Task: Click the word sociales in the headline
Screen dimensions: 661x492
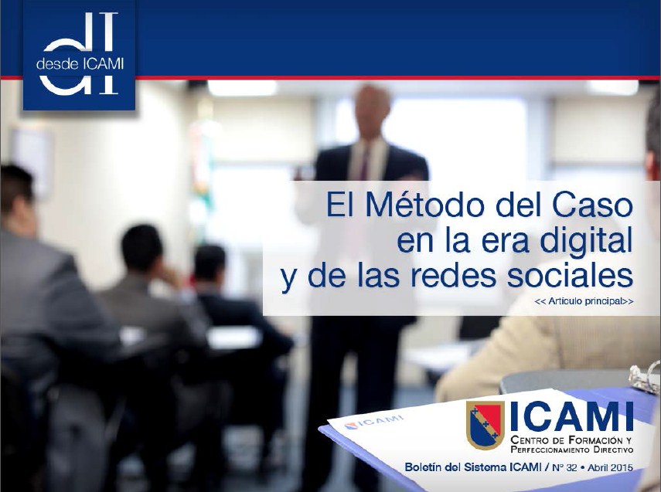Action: [x=570, y=277]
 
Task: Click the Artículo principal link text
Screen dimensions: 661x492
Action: [x=584, y=301]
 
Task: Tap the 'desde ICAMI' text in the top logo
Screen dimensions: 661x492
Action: [x=80, y=63]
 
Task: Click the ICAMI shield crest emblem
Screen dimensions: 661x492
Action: [x=486, y=425]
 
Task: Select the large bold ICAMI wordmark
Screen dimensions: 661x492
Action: [x=571, y=416]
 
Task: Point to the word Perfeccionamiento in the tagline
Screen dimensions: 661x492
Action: [x=556, y=450]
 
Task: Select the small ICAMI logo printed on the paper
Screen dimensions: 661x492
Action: [x=373, y=422]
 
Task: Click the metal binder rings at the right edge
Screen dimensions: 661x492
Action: [x=645, y=378]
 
